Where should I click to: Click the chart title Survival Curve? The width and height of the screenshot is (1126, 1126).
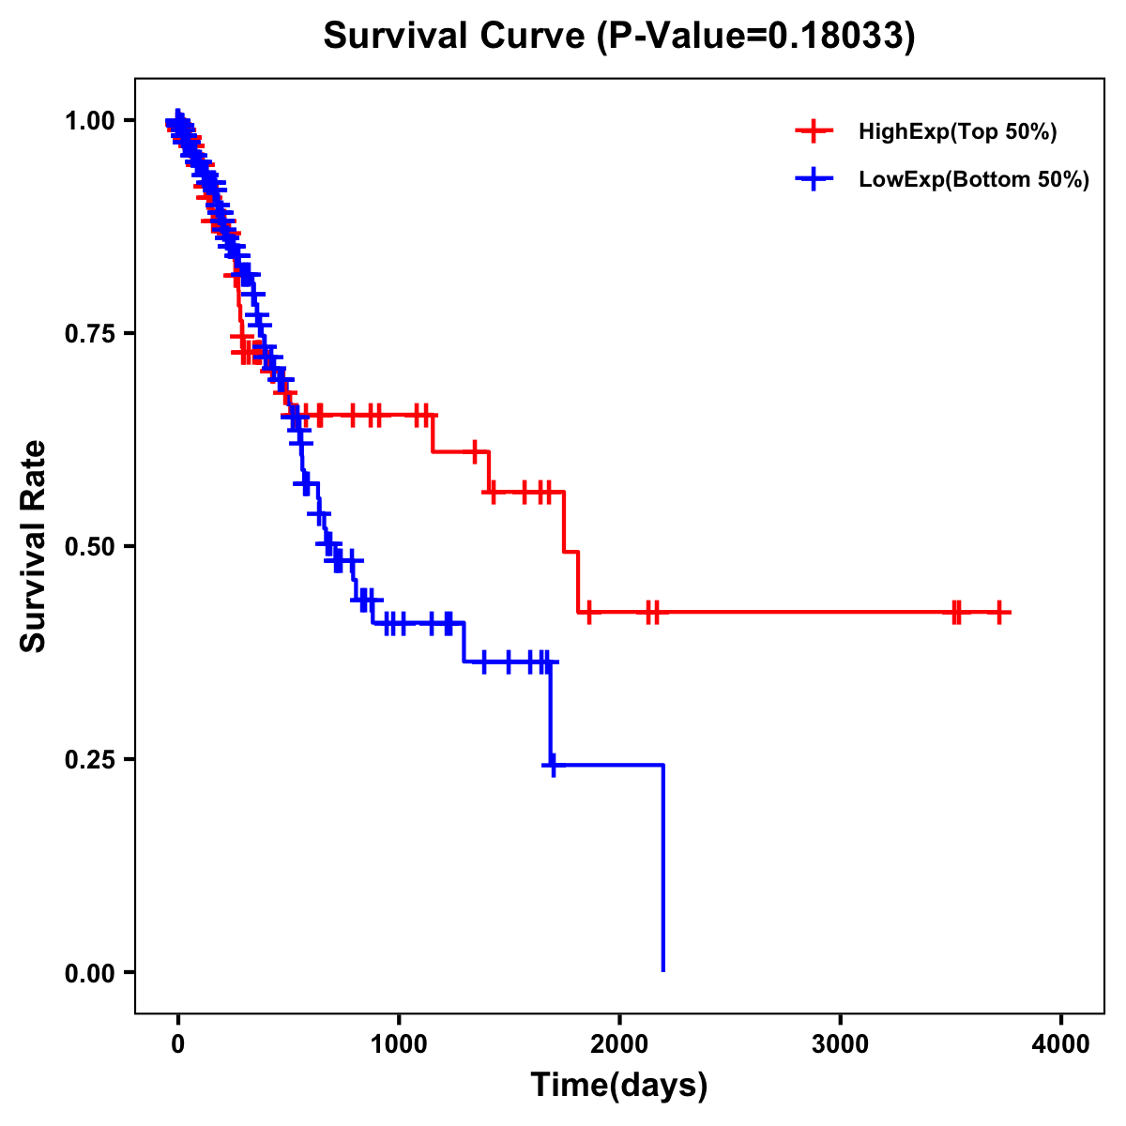coord(456,37)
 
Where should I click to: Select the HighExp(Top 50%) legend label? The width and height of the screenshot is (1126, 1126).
coord(957,132)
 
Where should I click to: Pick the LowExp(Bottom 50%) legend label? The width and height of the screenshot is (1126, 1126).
coord(974,180)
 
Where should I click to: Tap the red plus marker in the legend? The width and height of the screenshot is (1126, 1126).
coord(814,132)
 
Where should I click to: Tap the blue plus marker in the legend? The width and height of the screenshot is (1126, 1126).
coord(814,180)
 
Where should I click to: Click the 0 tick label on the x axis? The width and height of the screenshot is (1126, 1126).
coord(177,1044)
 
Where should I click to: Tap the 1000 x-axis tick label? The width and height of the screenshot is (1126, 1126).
coord(399,1044)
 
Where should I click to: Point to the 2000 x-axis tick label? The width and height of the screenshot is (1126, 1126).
coord(619,1044)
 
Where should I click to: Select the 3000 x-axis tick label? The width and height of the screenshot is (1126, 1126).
coord(840,1044)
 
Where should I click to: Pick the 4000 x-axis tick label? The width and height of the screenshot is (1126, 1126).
coord(1061,1044)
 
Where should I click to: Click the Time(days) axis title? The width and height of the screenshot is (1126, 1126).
coord(619,1086)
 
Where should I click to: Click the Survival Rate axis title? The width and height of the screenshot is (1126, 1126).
coord(34,546)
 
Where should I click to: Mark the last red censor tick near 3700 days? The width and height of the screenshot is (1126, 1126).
coord(1000,612)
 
